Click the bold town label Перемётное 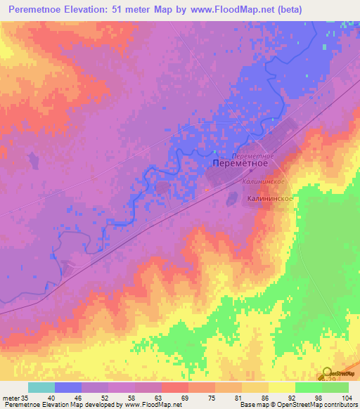click(x=240, y=163)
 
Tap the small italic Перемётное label click(x=252, y=154)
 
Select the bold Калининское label click(x=270, y=199)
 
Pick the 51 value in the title click(x=148, y=10)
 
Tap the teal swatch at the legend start click(x=41, y=387)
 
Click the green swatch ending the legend click(x=335, y=387)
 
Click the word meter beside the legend click(x=10, y=397)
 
